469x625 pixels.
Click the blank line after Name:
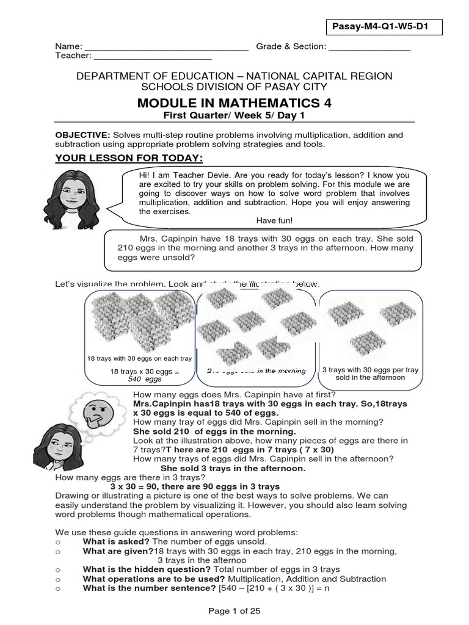click(166, 48)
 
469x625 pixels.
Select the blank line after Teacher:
click(153, 57)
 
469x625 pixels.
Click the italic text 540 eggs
click(145, 379)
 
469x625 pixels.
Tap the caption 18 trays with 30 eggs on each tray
click(140, 358)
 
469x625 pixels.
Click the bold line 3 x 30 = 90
click(194, 486)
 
